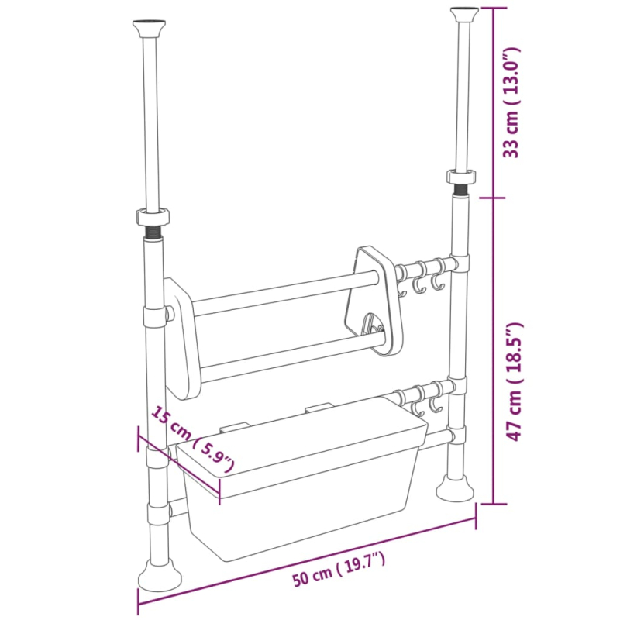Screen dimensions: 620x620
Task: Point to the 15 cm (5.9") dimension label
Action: [x=193, y=439]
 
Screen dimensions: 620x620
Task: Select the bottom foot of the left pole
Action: [x=160, y=575]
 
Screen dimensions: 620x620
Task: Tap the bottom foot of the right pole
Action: [x=455, y=487]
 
